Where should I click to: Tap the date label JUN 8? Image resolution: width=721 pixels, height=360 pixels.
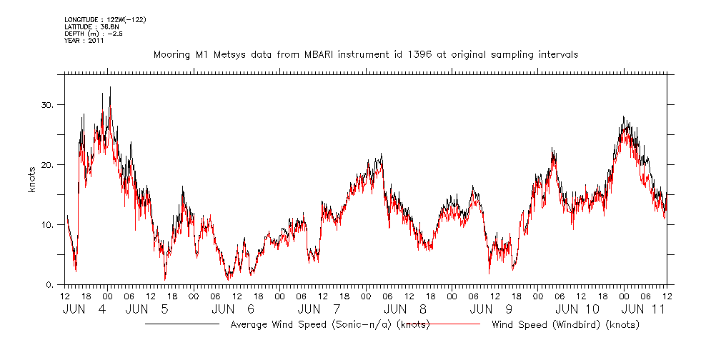pyautogui.click(x=405, y=309)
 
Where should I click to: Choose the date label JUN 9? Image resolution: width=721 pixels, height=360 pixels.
pyautogui.click(x=492, y=309)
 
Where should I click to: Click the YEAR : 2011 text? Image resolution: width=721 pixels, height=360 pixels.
pyautogui.click(x=84, y=41)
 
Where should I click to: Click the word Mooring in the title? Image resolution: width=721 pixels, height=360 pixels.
pyautogui.click(x=174, y=54)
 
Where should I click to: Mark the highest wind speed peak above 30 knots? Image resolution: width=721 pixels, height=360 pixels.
pyautogui.click(x=110, y=87)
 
